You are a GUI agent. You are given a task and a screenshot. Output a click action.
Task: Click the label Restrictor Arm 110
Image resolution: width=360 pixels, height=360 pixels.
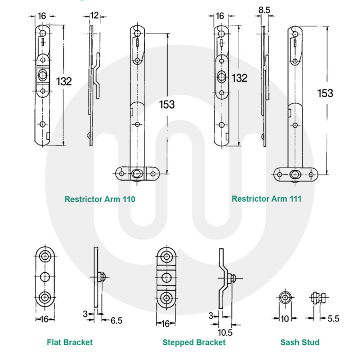(x=100, y=199)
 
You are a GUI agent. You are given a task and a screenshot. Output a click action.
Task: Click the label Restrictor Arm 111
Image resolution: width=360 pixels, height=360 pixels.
(x=266, y=199)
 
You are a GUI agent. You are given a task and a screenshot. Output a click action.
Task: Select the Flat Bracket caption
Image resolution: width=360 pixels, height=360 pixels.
(x=70, y=342)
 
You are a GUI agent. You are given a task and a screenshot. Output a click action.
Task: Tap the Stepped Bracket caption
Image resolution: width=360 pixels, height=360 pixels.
(x=194, y=342)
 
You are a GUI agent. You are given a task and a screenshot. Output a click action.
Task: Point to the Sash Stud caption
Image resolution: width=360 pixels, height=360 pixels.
(x=299, y=342)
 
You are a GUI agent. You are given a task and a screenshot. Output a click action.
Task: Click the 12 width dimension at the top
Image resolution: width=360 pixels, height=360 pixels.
(x=94, y=15)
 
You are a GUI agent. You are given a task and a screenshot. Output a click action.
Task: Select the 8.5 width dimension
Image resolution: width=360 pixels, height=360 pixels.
(x=264, y=10)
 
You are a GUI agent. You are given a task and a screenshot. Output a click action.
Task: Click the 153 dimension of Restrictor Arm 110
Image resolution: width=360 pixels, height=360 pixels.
(x=167, y=104)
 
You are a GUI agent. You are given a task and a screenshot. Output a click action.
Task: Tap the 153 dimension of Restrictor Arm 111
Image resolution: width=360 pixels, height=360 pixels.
(x=325, y=93)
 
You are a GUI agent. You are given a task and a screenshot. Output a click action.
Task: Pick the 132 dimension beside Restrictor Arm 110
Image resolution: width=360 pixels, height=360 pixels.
(x=63, y=81)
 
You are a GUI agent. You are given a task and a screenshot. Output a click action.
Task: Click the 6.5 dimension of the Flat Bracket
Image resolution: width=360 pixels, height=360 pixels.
(x=116, y=320)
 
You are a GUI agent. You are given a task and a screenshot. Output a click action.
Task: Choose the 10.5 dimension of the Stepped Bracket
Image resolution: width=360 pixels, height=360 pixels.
(x=225, y=333)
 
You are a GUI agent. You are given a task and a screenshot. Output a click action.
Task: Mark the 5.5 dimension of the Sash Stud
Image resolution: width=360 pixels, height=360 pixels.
(x=333, y=318)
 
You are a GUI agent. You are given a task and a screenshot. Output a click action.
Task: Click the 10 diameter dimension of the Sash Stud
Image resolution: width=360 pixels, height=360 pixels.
(x=285, y=318)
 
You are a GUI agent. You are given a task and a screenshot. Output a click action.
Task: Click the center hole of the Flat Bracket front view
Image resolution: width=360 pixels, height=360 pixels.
(x=45, y=277)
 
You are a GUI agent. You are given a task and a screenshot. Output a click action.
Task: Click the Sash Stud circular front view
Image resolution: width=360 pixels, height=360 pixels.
(x=285, y=297)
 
